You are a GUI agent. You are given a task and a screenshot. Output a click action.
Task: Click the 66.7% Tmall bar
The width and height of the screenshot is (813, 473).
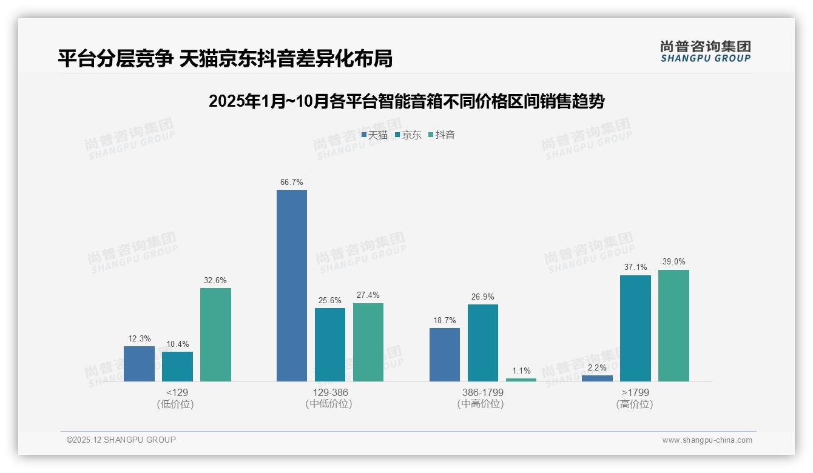point(292,285)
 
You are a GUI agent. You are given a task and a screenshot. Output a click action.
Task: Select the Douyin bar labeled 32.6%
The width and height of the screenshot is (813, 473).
point(215,334)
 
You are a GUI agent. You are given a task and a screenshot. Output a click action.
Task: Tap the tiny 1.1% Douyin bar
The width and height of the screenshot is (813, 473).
point(521,380)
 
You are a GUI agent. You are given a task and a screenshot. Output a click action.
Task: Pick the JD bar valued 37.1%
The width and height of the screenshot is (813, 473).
point(635,328)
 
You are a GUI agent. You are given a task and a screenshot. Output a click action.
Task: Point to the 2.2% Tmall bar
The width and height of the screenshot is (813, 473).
point(597,378)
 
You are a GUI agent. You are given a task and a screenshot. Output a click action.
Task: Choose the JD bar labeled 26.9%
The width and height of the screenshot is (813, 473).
point(483,343)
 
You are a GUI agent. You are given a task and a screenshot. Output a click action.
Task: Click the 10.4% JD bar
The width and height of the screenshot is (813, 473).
point(177,366)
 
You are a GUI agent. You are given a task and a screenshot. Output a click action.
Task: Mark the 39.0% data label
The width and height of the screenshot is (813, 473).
point(673,261)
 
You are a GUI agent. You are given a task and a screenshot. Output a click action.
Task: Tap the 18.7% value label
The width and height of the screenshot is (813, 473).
point(445,320)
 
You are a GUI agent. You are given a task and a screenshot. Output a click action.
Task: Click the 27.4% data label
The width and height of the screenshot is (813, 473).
point(368,295)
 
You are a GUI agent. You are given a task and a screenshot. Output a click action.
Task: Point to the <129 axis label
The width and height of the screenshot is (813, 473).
point(177,392)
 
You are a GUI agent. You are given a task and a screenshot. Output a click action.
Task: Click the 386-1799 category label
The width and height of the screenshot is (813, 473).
point(482,392)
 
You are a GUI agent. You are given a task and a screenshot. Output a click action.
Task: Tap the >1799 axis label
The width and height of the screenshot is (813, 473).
point(635,392)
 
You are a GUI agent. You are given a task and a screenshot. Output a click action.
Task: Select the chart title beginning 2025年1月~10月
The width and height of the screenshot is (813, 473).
point(406,101)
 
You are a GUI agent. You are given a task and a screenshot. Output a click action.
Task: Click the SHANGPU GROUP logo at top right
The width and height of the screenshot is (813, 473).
point(705,52)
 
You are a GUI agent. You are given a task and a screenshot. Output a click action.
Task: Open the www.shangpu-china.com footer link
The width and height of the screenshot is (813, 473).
point(707,440)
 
